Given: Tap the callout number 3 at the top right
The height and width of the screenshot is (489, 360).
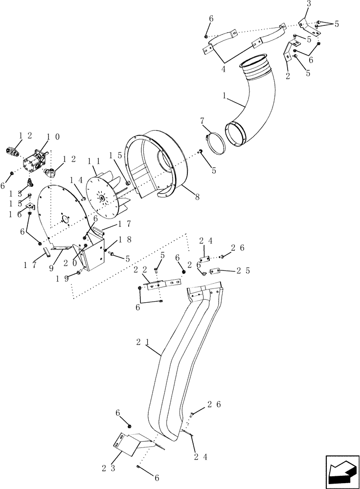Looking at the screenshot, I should (x=308, y=4).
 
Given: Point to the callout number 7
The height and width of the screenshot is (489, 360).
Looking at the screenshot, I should (x=201, y=120).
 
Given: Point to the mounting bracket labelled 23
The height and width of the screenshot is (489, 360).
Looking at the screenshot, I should (x=130, y=443).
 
